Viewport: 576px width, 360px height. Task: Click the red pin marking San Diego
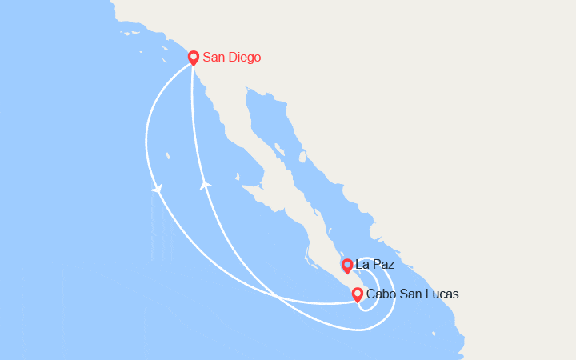tap(193, 58)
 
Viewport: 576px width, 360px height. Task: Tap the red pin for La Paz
tap(346, 265)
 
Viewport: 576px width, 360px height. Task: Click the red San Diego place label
tap(231, 58)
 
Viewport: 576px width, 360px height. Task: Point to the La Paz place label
tap(374, 264)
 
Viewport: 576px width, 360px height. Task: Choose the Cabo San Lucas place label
tap(413, 294)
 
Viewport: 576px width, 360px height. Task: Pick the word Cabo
tap(380, 294)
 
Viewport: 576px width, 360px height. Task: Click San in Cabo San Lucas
tap(410, 294)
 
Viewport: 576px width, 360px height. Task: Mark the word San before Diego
tap(214, 58)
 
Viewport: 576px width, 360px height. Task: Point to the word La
tap(362, 264)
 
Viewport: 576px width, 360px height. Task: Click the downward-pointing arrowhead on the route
tap(156, 189)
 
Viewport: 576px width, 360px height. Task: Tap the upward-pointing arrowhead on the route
tap(205, 185)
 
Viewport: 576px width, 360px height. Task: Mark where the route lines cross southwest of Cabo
tap(278, 296)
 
